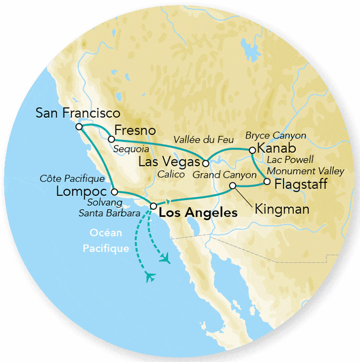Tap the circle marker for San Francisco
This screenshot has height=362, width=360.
79,126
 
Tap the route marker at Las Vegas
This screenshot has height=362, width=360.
206,163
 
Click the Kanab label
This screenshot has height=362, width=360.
276,149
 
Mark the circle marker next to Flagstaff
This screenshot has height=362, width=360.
267,182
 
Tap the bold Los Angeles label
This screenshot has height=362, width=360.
198,213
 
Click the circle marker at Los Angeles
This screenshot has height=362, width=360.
153,206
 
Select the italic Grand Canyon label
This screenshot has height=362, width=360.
224,175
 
